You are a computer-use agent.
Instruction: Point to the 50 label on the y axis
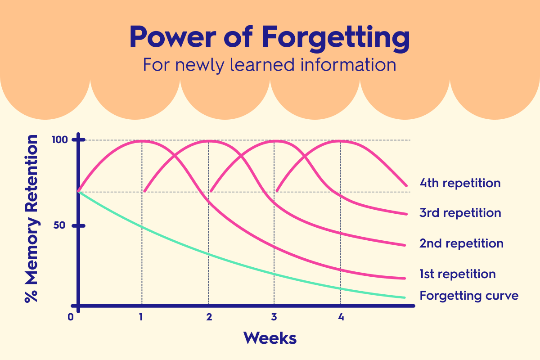coord(59,225)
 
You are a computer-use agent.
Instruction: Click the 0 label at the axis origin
coord(71,317)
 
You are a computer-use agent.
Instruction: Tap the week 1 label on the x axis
coord(141,317)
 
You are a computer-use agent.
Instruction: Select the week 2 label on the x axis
coord(209,317)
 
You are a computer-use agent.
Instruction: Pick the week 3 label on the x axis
coord(274,317)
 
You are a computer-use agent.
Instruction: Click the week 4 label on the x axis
coord(341,317)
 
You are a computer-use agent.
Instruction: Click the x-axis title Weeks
coord(270,337)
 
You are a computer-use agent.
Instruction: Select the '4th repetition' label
coord(460,183)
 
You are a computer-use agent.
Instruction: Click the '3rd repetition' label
coord(460,212)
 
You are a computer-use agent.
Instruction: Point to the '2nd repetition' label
coord(461,243)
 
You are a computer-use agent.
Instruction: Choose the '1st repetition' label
coord(457,274)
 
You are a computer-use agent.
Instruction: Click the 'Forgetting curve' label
coord(469,296)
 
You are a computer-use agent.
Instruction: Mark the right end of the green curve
coord(405,297)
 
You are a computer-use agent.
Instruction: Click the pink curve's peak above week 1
coord(142,141)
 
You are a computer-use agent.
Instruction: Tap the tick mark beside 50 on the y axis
coord(79,225)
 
